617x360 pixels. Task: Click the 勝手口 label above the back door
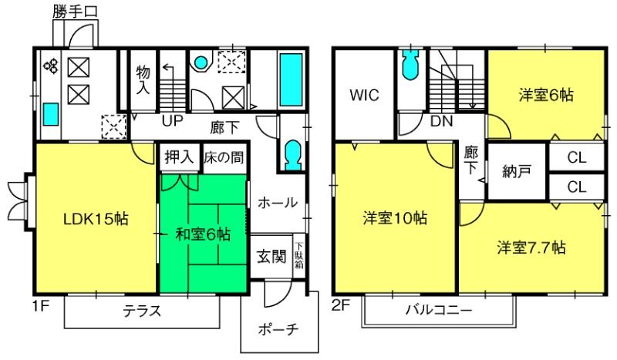[x=75, y=12]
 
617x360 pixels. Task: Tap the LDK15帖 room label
[x=96, y=219]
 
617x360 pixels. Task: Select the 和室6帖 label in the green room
[x=203, y=234]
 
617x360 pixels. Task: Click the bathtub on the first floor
[x=291, y=80]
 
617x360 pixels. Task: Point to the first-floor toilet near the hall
[x=293, y=156]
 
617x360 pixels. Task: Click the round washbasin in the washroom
[x=201, y=62]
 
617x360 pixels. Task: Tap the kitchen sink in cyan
[x=51, y=114]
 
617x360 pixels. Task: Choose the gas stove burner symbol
[x=51, y=66]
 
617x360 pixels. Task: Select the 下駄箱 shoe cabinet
[x=299, y=256]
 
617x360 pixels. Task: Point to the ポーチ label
[x=278, y=329]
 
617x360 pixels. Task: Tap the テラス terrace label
[x=142, y=311]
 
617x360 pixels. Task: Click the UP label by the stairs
[x=172, y=121]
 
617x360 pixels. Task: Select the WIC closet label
[x=364, y=96]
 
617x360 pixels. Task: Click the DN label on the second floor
[x=441, y=121]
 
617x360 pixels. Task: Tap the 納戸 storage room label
[x=517, y=172]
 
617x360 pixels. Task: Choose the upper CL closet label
[x=577, y=157]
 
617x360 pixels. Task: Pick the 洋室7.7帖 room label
[x=531, y=248]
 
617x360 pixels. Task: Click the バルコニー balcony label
[x=438, y=310]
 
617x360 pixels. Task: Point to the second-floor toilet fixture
[x=410, y=65]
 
